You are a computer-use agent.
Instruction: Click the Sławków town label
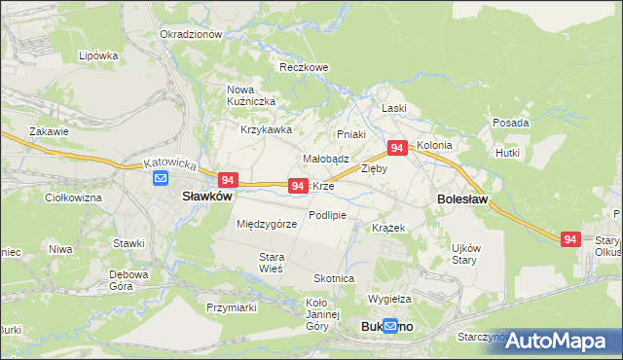point(206,196)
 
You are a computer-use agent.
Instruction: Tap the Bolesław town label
point(458,198)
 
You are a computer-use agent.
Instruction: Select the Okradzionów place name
point(191,33)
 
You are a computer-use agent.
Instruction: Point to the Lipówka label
point(98,56)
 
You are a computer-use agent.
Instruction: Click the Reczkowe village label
point(304,68)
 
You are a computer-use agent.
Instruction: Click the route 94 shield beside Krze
point(299,185)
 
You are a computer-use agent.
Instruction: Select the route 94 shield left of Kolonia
point(396,148)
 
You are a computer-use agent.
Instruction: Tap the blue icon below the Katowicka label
point(161,178)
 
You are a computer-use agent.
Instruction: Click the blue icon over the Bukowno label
point(390,327)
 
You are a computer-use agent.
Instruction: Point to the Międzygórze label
point(267,224)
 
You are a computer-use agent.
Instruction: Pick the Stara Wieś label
point(270,263)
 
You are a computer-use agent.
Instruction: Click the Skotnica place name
point(334,278)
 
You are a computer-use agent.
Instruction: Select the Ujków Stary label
point(464,254)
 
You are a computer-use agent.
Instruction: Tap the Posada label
point(510,124)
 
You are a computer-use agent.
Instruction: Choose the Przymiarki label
point(231,307)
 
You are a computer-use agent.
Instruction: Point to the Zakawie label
point(49,131)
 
